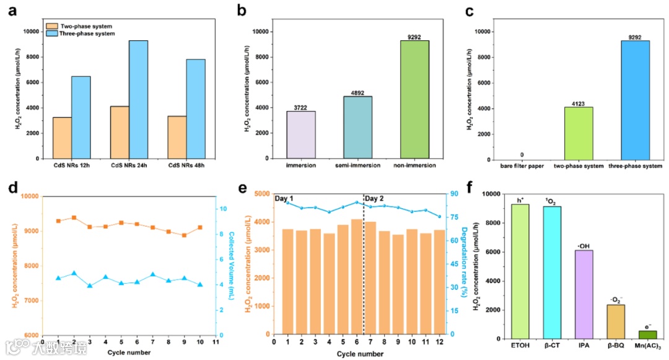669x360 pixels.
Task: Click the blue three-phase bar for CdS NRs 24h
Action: [x=139, y=99]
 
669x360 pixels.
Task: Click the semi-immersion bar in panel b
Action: [x=357, y=127]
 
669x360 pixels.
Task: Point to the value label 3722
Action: [x=300, y=107]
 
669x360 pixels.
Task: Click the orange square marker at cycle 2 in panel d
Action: [x=74, y=217]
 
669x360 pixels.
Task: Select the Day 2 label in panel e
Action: [x=375, y=199]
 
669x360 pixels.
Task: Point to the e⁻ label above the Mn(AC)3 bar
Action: [x=647, y=326]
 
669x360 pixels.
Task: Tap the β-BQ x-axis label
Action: [x=616, y=345]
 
